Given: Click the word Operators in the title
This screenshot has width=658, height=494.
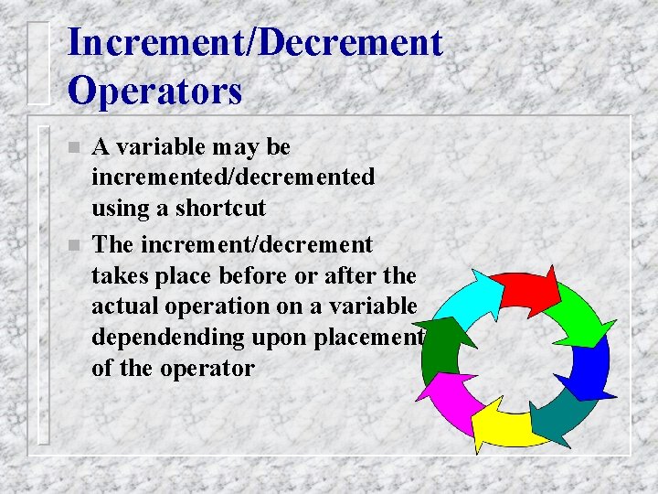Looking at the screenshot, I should tap(154, 91).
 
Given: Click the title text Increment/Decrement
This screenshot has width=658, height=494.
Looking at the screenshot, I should tap(255, 43).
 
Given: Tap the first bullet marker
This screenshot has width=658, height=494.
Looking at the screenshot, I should tap(76, 148).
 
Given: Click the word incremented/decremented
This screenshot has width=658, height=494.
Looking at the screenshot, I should tap(233, 177).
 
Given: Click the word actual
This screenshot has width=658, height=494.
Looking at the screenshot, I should tap(125, 306).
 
